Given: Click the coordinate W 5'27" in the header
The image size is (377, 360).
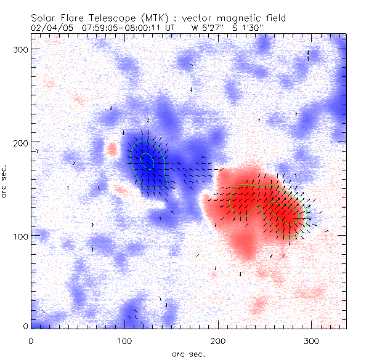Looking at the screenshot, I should click(207, 28).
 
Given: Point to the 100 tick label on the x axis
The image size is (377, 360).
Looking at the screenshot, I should click(124, 340).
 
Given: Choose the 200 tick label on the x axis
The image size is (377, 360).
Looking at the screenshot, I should click(217, 340).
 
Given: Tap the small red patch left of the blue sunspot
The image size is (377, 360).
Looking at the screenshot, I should click(111, 149).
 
